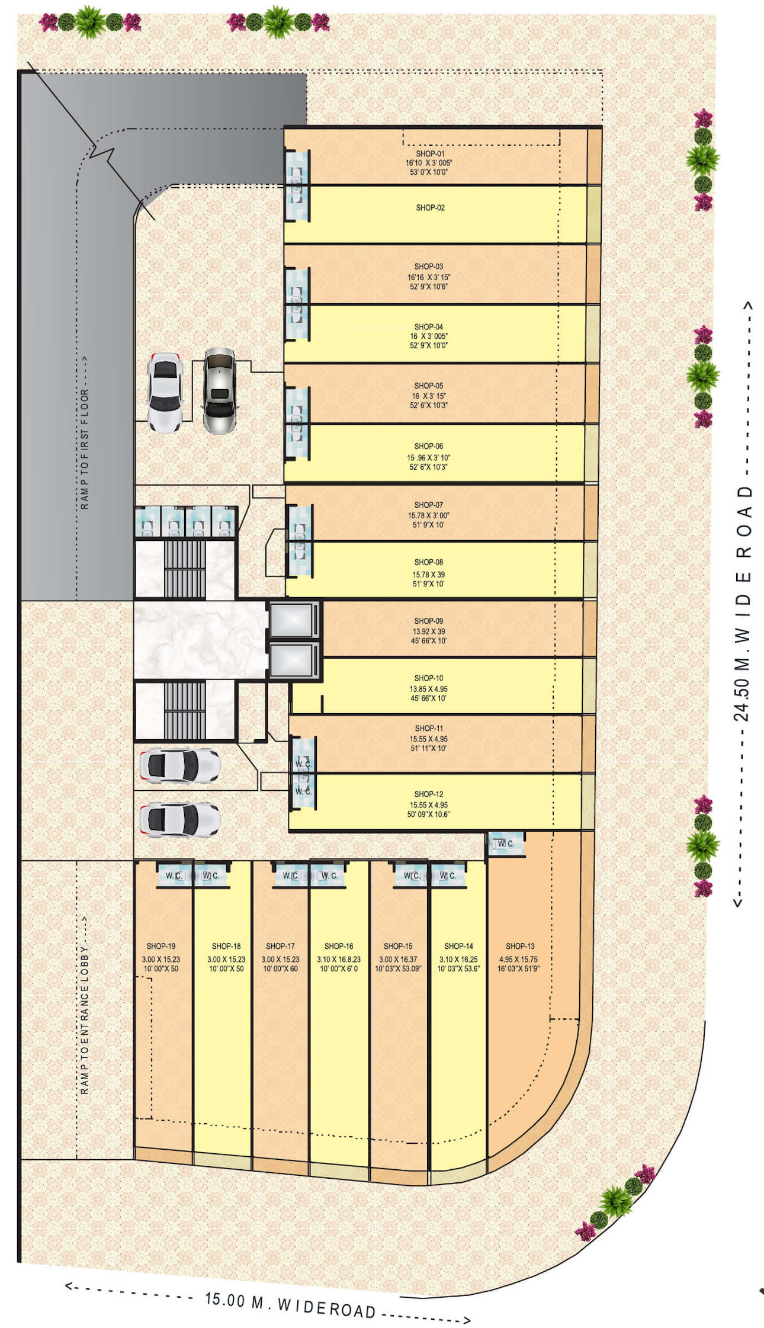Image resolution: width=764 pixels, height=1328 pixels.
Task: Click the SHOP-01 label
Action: pos(430,153)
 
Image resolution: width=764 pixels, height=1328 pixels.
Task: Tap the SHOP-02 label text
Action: pos(430,208)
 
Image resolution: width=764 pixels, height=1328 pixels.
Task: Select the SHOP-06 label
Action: pos(428,446)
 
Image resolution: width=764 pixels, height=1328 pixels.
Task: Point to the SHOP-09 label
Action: pos(428,621)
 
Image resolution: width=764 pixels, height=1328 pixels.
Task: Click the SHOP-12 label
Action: pos(428,794)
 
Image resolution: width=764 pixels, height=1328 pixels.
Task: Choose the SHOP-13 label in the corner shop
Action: pos(520,946)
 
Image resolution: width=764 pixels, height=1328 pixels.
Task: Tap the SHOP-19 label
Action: pos(161,946)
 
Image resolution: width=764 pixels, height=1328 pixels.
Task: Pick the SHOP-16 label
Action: pos(339,946)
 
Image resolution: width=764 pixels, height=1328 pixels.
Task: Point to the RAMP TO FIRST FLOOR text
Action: pos(85,449)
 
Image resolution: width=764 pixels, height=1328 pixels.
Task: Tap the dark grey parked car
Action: pos(220,390)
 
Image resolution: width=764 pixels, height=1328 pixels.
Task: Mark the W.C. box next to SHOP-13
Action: pos(506,843)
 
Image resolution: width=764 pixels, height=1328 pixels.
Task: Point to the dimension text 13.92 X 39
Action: pos(428,631)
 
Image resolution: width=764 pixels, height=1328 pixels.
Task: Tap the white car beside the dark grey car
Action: pos(164,392)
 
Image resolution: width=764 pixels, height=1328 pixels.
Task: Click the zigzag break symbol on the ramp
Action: pos(102,153)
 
